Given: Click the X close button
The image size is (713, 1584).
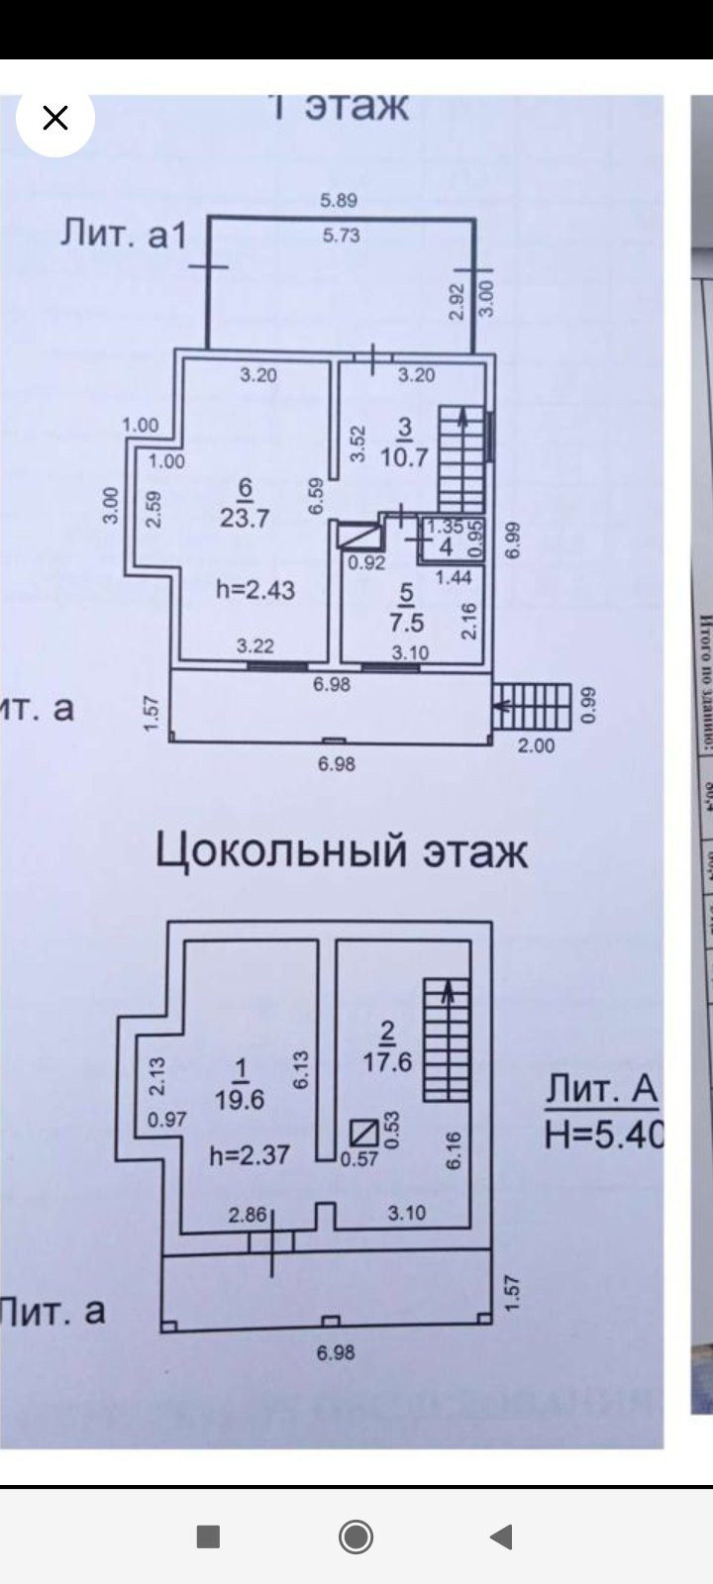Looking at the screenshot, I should coord(55,119).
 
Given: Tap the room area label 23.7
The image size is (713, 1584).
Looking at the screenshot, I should coord(245,517).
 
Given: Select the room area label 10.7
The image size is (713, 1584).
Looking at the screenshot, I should coord(405,456).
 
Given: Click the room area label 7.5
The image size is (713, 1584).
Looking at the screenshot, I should coord(406,622).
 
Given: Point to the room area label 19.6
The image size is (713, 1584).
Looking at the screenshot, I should coord(240,1099).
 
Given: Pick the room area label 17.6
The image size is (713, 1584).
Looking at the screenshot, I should coord(387,1061).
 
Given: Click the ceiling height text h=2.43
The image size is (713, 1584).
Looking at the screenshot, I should coord(255,589).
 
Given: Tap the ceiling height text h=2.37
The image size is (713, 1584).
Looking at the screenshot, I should coord(249,1154).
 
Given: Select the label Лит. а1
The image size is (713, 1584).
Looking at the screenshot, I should coord(124,235).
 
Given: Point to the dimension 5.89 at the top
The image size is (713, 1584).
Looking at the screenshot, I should coord(339,200).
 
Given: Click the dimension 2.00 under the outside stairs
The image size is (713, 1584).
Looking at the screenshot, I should coord(537,745).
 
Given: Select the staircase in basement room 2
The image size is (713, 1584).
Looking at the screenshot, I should coord(446,1039).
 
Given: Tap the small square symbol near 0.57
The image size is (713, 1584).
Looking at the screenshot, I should coord(363,1131).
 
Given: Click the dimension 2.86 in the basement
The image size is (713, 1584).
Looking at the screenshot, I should coord(249,1214).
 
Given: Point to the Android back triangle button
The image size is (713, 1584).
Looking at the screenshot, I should coord(501,1536).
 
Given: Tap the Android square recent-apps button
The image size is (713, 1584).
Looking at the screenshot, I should coord(208,1536).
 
